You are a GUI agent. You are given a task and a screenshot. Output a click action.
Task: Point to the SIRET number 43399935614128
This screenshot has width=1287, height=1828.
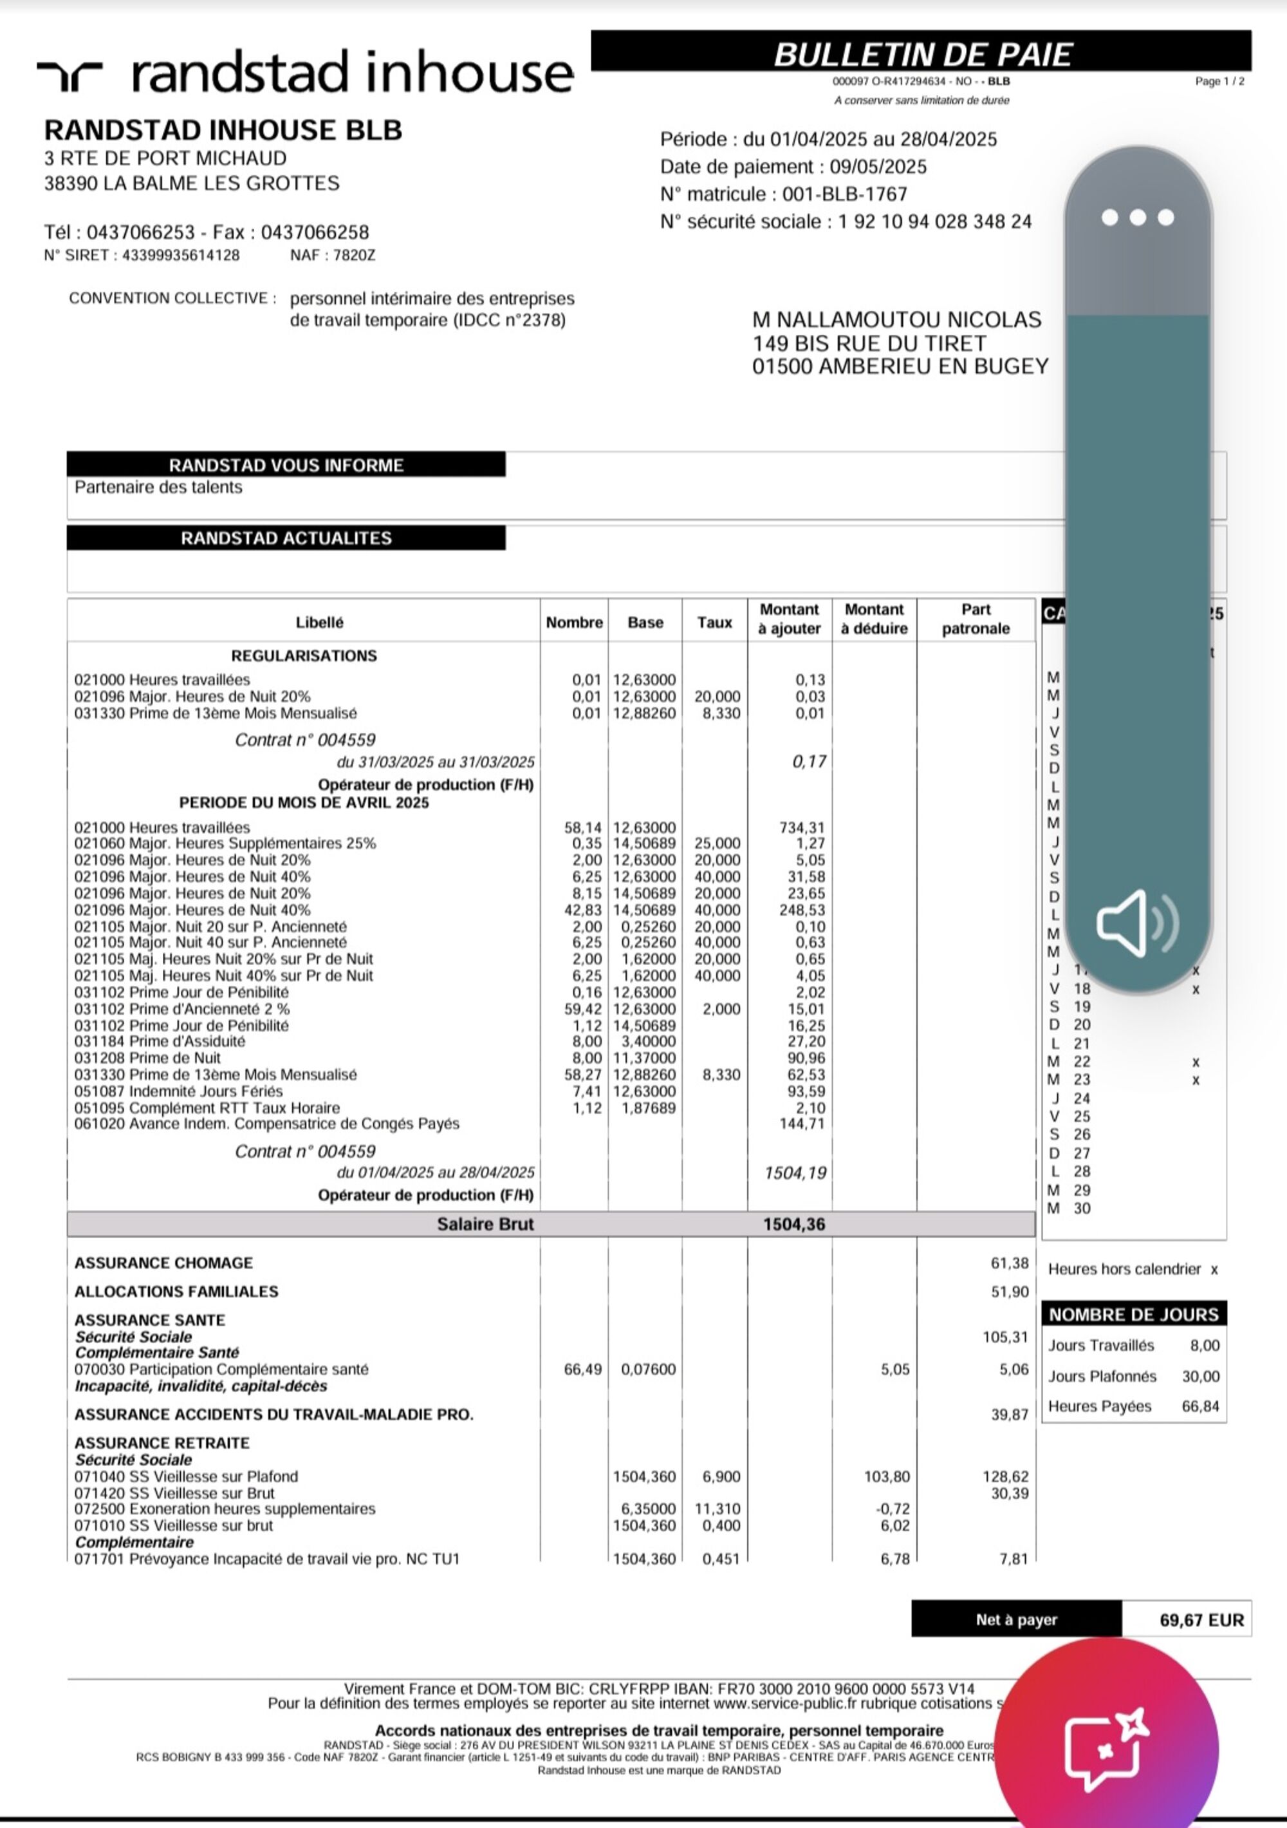tap(181, 256)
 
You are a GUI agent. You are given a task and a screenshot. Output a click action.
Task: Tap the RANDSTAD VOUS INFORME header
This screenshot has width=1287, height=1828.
tap(286, 465)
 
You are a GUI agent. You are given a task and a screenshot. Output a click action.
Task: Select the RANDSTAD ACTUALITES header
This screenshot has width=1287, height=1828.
tap(286, 538)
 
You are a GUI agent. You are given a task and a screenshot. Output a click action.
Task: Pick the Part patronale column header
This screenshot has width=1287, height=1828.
tap(975, 619)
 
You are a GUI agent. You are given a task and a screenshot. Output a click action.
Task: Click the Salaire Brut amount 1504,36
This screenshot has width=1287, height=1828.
tap(793, 1223)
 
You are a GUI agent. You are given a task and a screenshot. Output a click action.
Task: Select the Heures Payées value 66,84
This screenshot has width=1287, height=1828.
tap(1200, 1406)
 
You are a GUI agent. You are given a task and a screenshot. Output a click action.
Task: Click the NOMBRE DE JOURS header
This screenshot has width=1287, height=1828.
tap(1133, 1314)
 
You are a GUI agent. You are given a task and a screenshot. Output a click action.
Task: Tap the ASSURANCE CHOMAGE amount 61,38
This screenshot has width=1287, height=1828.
tap(1009, 1263)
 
